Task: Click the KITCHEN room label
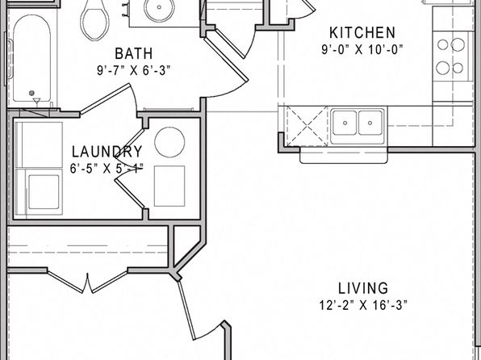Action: [x=362, y=33]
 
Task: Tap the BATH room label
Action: [x=133, y=54]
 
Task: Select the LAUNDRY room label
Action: [x=107, y=152]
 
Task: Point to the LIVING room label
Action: [x=363, y=288]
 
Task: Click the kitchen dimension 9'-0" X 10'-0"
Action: [x=362, y=49]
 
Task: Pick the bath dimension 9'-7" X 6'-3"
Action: [x=133, y=70]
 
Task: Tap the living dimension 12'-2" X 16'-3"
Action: [x=363, y=305]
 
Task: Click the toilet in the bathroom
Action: [x=95, y=20]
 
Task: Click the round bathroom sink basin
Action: [x=159, y=9]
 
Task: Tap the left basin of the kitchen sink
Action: [x=345, y=123]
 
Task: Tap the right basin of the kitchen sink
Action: [x=370, y=123]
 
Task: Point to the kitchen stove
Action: [x=453, y=57]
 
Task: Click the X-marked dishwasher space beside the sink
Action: [x=307, y=126]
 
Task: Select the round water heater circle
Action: [x=169, y=142]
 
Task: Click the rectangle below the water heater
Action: [x=169, y=186]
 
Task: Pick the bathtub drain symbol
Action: [x=31, y=93]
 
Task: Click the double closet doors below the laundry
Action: [x=87, y=281]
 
